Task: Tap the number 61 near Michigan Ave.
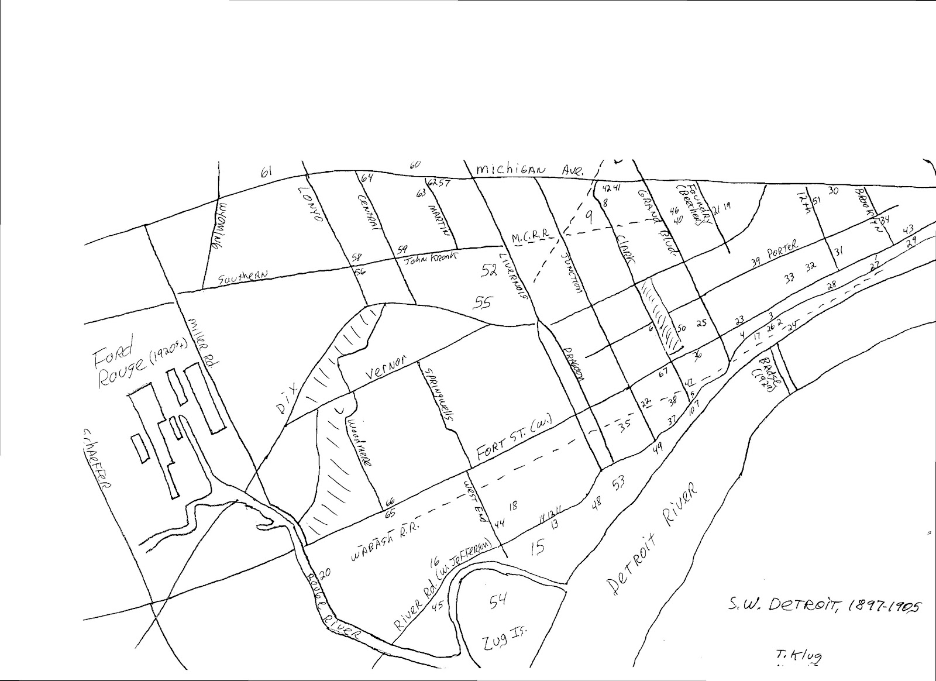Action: [x=267, y=172]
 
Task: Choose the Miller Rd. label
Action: [x=201, y=348]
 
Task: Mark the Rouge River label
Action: [x=331, y=614]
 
